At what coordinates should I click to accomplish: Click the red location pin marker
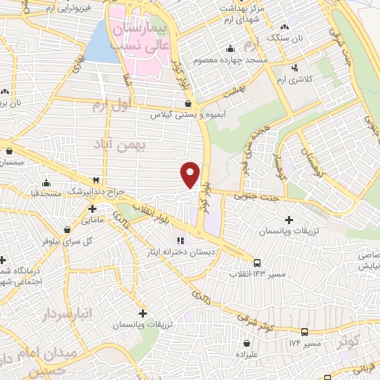point(191,174)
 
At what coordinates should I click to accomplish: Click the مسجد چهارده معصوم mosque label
point(231,59)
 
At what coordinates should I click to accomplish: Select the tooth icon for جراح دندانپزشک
point(96,180)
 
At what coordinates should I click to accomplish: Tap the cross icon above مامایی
point(92,209)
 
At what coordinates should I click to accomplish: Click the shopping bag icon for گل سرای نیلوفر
point(68,230)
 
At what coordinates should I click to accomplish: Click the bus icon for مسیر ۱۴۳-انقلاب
point(258,263)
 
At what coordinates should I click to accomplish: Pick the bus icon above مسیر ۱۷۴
point(305,331)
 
